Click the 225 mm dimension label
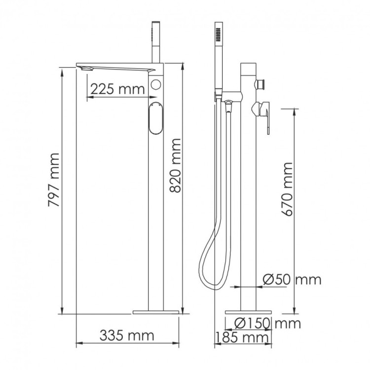click(x=117, y=89)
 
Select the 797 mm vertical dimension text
click(x=53, y=180)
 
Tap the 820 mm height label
click(x=175, y=166)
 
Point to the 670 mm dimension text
click(x=287, y=189)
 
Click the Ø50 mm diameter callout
click(x=292, y=280)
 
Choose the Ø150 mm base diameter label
click(x=268, y=323)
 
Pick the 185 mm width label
click(x=242, y=337)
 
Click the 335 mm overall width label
click(x=127, y=335)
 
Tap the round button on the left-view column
click(x=156, y=84)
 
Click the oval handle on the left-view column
click(x=156, y=118)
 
